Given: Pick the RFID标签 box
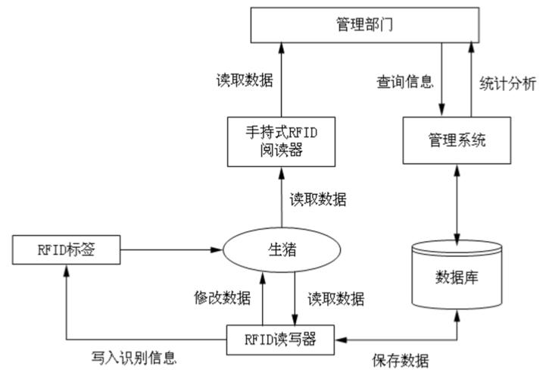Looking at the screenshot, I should [x=67, y=249].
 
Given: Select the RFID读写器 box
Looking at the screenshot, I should [x=282, y=339].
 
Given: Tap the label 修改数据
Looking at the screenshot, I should [x=221, y=298].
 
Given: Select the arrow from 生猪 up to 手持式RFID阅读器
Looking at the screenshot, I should [x=280, y=197].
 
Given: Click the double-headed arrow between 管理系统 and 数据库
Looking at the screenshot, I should [x=457, y=201].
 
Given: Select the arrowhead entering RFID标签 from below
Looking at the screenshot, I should [x=67, y=271].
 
